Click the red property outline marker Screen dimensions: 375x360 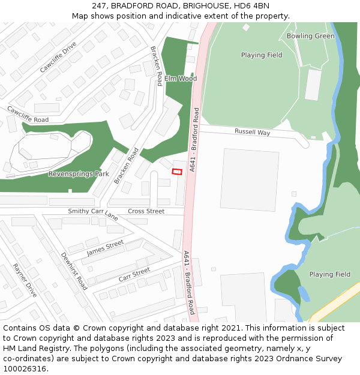click(177, 172)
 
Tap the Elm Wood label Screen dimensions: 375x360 click(181, 79)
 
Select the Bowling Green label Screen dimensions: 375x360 click(310, 36)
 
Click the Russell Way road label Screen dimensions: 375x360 click(252, 132)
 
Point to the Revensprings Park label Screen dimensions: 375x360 click(79, 174)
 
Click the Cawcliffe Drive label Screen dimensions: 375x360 click(58, 57)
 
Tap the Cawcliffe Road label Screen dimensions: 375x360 click(28, 115)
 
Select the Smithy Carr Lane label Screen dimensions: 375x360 click(93, 213)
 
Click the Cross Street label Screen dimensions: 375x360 click(146, 211)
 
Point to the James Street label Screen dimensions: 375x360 click(105, 248)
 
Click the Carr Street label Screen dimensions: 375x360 click(134, 275)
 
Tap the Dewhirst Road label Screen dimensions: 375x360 click(74, 271)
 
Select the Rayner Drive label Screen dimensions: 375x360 click(25, 280)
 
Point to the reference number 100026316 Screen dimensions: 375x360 click(25, 369)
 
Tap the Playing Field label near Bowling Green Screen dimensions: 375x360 click(262, 55)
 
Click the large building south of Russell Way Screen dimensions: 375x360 click(250, 179)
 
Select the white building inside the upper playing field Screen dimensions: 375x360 click(313, 85)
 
